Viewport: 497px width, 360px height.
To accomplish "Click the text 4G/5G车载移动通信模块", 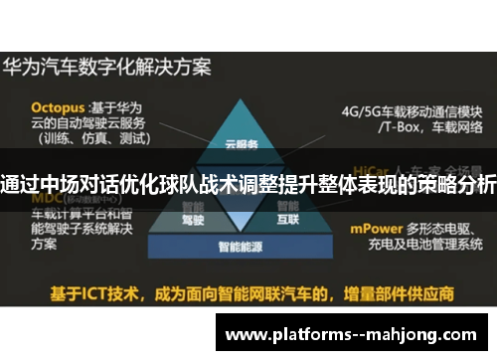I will click(x=412, y=110).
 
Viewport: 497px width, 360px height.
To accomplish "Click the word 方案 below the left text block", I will click(x=45, y=241).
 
